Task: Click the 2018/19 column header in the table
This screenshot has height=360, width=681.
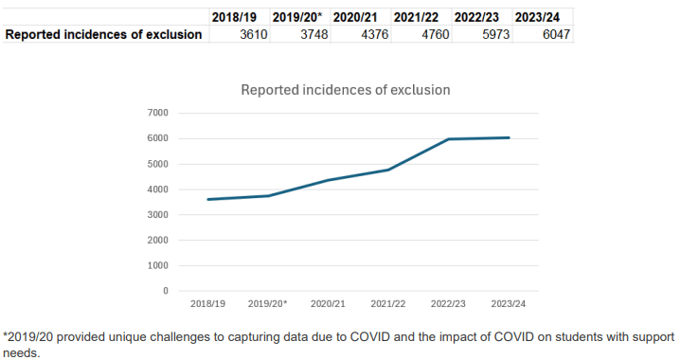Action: [x=234, y=17]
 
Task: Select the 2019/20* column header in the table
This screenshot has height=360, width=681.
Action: [x=296, y=17]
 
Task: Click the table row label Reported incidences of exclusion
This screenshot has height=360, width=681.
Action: [x=104, y=35]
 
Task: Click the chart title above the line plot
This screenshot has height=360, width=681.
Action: [x=345, y=90]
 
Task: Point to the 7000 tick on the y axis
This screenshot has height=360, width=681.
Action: [x=158, y=113]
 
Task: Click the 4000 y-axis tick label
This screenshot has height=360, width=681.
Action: [x=158, y=189]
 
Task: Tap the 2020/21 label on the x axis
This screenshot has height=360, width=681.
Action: [x=328, y=304]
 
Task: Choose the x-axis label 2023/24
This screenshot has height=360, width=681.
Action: [x=508, y=304]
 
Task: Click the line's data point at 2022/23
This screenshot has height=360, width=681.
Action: [x=448, y=139]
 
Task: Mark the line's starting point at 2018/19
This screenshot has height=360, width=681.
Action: [x=208, y=199]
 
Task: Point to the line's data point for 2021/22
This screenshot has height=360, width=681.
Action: [x=388, y=170]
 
